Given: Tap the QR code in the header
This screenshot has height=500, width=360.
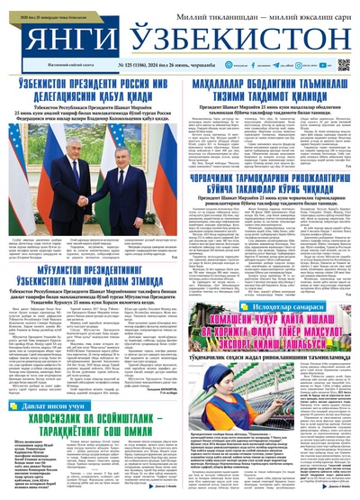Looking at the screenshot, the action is [344, 65].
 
